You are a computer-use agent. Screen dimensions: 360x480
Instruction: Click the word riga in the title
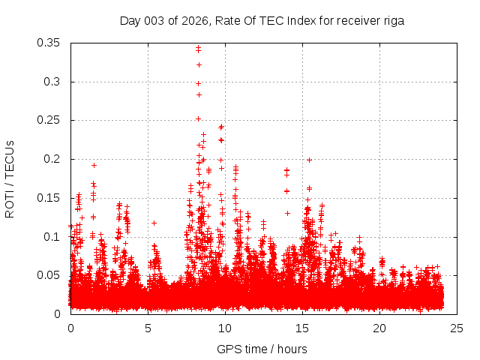[x=391, y=21]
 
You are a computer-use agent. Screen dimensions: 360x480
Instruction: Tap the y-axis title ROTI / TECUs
[x=10, y=178]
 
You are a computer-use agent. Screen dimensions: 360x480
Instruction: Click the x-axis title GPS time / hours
[x=262, y=349]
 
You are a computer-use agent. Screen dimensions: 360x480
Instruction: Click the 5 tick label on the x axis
[x=148, y=328]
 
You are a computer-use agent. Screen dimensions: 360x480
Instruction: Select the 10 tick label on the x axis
[x=225, y=328]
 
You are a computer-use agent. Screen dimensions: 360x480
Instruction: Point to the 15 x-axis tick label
[x=302, y=328]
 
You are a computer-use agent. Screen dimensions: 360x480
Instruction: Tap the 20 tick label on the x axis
[x=379, y=328]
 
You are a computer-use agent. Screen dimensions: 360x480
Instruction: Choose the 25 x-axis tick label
[x=457, y=328]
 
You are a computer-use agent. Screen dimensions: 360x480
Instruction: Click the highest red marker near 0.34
[x=198, y=48]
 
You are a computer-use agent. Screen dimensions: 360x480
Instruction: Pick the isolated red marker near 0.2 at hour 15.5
[x=309, y=160]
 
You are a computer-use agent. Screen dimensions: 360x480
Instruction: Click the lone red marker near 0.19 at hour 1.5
[x=94, y=165]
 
